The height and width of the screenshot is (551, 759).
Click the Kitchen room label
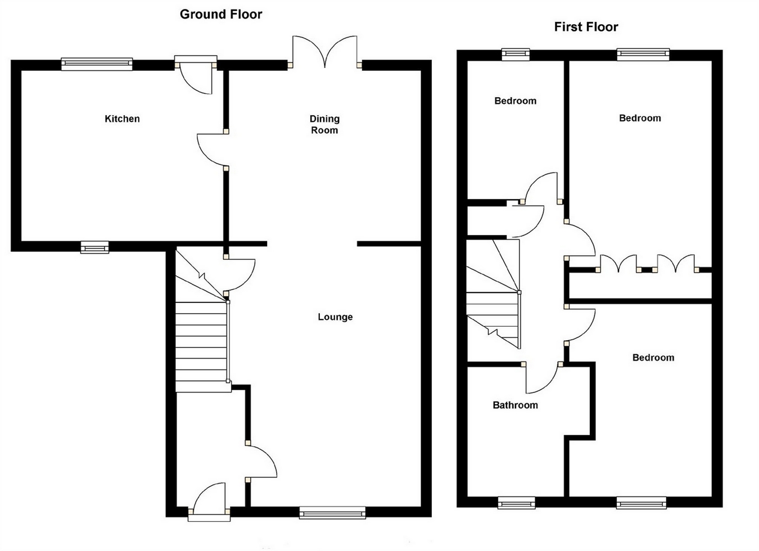click(122, 119)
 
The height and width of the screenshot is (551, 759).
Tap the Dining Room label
click(324, 124)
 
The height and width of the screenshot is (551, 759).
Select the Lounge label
click(335, 317)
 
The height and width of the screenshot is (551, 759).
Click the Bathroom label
click(515, 405)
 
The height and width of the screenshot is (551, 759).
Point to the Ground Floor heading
click(221, 15)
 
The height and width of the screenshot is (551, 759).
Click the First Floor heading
click(586, 27)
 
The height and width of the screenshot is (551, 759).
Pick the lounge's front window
click(332, 512)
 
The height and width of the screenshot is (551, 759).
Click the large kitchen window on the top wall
click(97, 64)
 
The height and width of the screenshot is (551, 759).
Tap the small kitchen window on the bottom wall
click(94, 247)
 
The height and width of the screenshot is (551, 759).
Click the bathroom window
click(516, 503)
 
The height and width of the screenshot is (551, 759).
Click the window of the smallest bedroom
click(516, 54)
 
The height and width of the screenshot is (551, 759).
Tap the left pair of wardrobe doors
click(618, 264)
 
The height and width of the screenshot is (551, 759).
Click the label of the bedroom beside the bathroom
click(653, 358)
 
